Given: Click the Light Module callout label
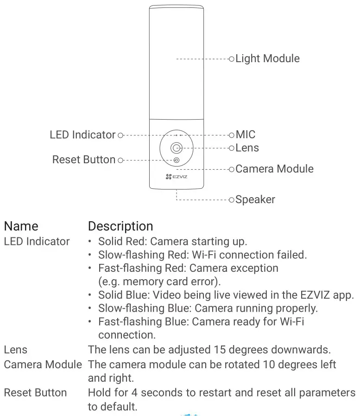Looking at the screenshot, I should [x=267, y=58].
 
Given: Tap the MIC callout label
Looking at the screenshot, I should [x=246, y=135].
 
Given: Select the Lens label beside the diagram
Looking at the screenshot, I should [x=247, y=148].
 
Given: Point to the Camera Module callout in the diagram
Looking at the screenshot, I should [x=274, y=169].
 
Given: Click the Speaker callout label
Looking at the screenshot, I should [x=255, y=200].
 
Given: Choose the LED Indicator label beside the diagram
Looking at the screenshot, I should [x=82, y=135].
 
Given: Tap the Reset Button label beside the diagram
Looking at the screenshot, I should [x=84, y=160].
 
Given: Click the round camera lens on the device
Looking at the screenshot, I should [x=176, y=148].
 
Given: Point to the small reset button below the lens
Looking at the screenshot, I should [x=176, y=160].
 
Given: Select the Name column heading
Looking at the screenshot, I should [x=21, y=226].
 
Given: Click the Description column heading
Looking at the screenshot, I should [x=120, y=226].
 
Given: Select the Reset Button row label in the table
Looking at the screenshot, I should [x=35, y=393].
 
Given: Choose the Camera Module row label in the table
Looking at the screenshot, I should [x=43, y=365].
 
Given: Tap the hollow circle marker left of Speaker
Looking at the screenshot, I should [x=232, y=200].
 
